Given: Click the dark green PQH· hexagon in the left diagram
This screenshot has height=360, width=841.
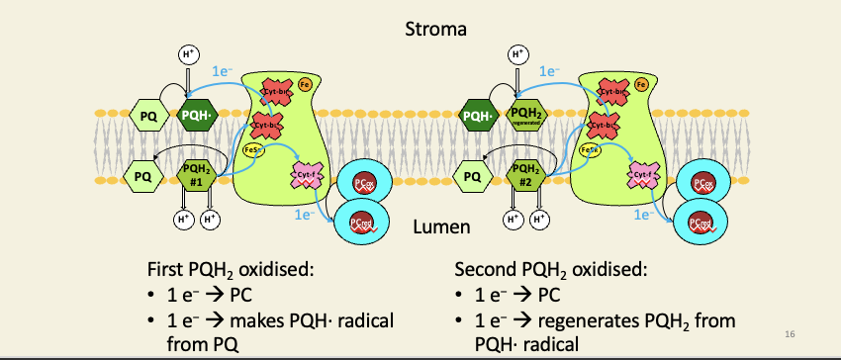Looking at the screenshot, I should [x=195, y=116].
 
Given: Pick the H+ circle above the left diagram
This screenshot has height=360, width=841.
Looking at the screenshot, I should [x=187, y=54].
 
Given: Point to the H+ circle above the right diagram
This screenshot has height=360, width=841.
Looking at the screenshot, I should [x=517, y=54].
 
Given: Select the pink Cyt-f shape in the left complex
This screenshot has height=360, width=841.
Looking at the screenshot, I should [x=308, y=175].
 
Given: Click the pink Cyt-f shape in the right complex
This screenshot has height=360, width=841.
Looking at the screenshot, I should [x=644, y=175].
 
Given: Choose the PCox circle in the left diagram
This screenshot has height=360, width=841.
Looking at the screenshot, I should [x=363, y=184].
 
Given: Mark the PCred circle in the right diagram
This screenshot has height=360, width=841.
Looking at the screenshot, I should [x=701, y=223].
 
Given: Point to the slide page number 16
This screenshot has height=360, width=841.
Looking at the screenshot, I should [x=788, y=334].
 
